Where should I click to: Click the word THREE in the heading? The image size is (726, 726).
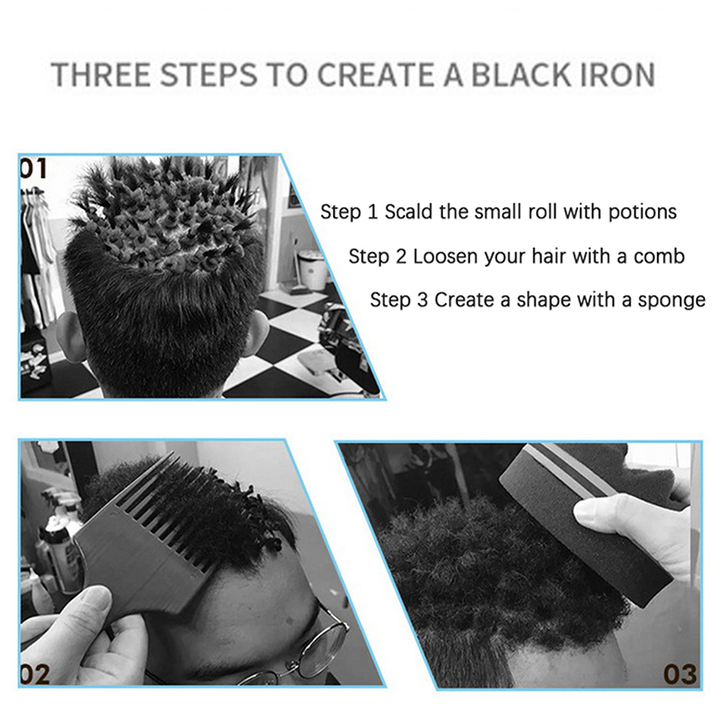coord(101,74)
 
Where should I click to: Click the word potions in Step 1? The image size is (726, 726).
coord(643,212)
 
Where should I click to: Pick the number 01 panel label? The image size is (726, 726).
coord(34,169)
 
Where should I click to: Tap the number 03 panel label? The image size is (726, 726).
coord(680,674)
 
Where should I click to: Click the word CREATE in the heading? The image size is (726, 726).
coord(375,74)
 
